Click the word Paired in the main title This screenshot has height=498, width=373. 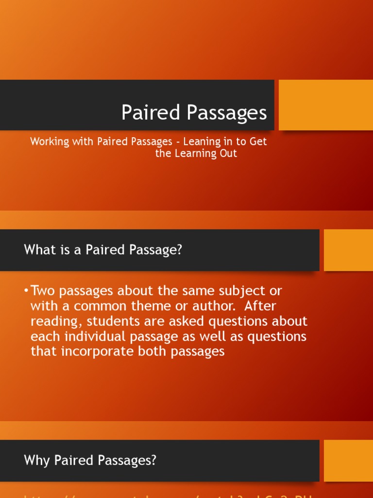[x=151, y=112]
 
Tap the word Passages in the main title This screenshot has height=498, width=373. [x=227, y=113]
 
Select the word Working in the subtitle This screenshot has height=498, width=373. [x=48, y=142]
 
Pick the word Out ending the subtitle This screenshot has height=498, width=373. [x=228, y=153]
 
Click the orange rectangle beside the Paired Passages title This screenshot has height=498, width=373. [x=325, y=105]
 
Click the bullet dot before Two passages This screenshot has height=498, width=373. [x=26, y=291]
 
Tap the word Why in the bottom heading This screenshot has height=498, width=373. [x=35, y=461]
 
